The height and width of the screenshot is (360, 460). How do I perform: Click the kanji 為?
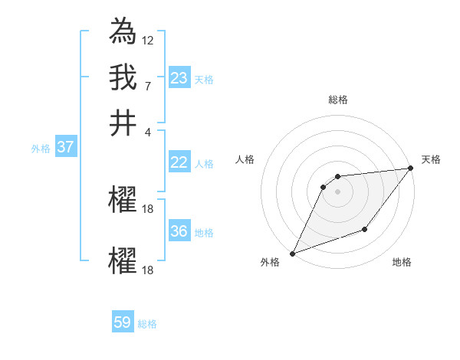tap(123, 32)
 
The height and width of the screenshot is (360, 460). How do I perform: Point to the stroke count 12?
tap(148, 40)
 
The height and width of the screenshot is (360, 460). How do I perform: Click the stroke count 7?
tap(148, 85)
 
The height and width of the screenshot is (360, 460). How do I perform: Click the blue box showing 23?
tap(179, 77)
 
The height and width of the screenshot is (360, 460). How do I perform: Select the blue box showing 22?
tap(179, 162)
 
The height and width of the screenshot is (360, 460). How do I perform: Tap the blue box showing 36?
tap(179, 231)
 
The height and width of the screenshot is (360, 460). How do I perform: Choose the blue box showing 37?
tap(65, 147)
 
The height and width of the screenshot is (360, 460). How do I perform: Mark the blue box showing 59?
tap(123, 322)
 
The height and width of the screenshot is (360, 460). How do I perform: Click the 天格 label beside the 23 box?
tap(203, 80)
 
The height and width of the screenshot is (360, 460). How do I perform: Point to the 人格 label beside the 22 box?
tap(203, 164)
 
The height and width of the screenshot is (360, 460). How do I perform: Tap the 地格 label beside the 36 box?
tap(203, 233)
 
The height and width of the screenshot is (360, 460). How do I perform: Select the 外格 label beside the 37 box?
tap(40, 149)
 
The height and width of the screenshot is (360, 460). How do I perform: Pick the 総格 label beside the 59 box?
tap(147, 324)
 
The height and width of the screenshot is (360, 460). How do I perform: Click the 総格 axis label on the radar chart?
tap(337, 100)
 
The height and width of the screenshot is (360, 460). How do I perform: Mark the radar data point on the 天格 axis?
tap(412, 169)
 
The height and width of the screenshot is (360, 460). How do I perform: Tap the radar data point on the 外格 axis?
tap(292, 254)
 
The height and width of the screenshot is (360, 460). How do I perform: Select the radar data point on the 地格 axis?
tap(366, 229)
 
